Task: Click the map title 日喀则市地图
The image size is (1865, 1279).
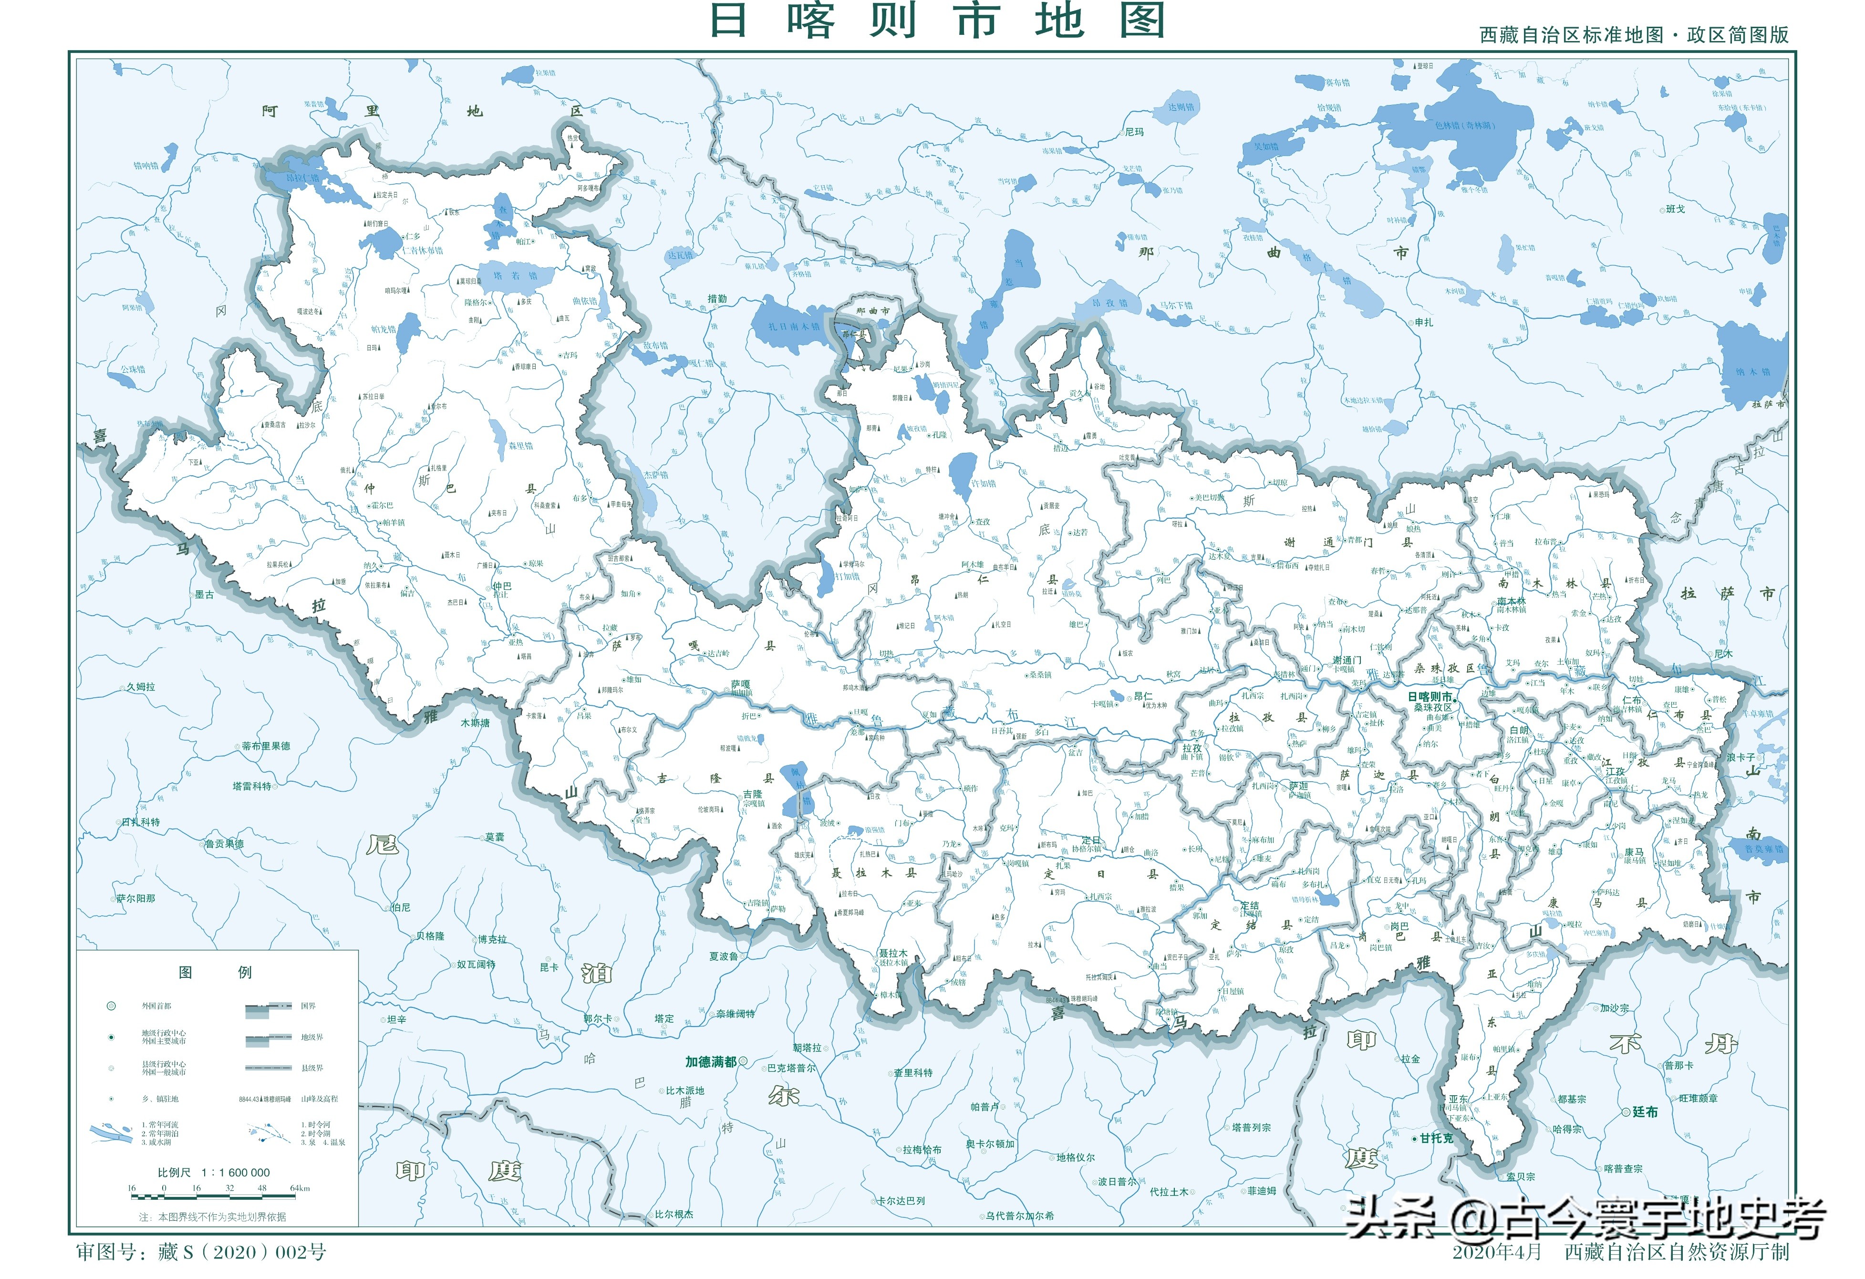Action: click(x=937, y=21)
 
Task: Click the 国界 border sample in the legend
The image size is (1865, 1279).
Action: click(x=269, y=1006)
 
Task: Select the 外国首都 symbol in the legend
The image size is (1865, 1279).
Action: click(x=112, y=1006)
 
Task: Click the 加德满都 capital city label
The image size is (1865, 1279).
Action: click(x=710, y=1061)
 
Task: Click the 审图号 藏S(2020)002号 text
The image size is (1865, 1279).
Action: click(x=201, y=1252)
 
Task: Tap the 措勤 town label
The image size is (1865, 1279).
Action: click(x=716, y=299)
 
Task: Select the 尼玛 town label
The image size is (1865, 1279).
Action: click(x=1134, y=132)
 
